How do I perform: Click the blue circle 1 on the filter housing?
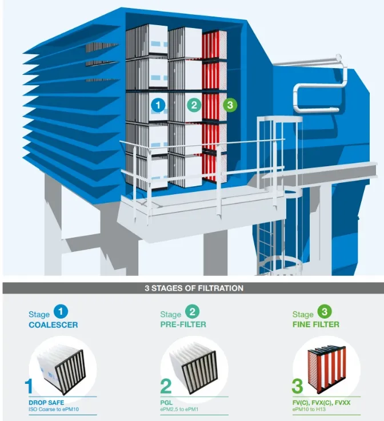pyautogui.click(x=158, y=105)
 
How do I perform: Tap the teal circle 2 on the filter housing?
pyautogui.click(x=194, y=105)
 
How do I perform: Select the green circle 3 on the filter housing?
pyautogui.click(x=230, y=105)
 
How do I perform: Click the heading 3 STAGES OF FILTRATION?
pyautogui.click(x=194, y=288)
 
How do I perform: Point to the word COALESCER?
pyautogui.click(x=53, y=325)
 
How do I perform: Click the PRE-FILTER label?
pyautogui.click(x=183, y=324)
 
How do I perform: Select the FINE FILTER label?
pyautogui.click(x=316, y=324)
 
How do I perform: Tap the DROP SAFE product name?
pyautogui.click(x=46, y=403)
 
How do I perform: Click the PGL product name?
pyautogui.click(x=166, y=403)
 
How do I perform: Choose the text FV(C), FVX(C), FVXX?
pyautogui.click(x=322, y=403)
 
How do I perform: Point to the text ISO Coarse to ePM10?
pyautogui.click(x=54, y=410)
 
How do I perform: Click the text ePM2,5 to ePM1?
pyautogui.click(x=179, y=410)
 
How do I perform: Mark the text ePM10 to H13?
pyautogui.click(x=309, y=410)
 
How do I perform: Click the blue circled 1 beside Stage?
pyautogui.click(x=61, y=311)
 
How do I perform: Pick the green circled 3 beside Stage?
pyautogui.click(x=325, y=311)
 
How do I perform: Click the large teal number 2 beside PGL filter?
pyautogui.click(x=166, y=386)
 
